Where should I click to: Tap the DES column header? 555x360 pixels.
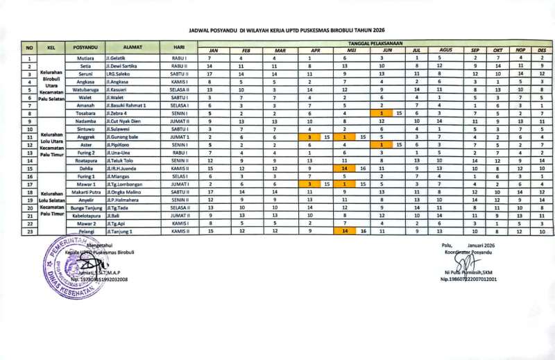542,51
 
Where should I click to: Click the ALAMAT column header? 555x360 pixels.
132,47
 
